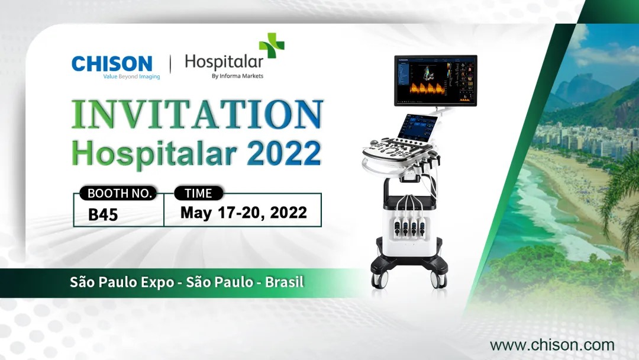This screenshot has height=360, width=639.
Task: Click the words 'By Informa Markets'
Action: click(237, 76)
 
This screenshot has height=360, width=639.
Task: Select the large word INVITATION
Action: click(197, 114)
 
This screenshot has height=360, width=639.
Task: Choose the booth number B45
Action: click(103, 214)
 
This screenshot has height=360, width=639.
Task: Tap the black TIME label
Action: click(199, 193)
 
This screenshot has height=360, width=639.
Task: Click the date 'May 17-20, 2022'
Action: click(244, 213)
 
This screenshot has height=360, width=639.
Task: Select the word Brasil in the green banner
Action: click(285, 282)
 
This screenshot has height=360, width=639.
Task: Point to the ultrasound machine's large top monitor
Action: click(435, 80)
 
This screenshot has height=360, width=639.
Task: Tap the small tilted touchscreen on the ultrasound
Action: click(419, 130)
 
